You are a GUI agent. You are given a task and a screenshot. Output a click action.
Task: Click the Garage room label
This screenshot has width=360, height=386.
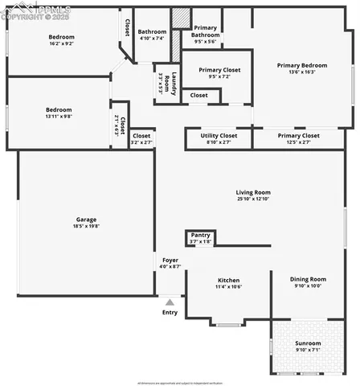(86, 220)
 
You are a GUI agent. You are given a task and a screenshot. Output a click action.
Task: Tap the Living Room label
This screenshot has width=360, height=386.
(252, 192)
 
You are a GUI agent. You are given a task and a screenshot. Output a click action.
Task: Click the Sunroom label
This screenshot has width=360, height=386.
(308, 343)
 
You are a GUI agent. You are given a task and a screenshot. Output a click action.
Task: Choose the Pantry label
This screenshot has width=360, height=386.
(200, 235)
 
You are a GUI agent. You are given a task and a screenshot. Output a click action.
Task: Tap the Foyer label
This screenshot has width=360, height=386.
(170, 260)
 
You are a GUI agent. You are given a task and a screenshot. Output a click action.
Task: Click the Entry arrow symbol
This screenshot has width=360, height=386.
(170, 302)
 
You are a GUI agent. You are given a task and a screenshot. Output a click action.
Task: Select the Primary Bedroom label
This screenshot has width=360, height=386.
(302, 65)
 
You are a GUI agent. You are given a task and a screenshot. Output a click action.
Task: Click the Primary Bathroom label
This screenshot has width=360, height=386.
(206, 31)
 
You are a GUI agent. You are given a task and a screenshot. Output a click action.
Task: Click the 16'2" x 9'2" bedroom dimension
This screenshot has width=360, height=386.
(61, 45)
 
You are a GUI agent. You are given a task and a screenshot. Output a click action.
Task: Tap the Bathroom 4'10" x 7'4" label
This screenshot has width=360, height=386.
(151, 35)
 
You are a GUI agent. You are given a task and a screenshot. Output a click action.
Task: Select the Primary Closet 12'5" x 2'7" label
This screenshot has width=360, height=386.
(299, 139)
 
